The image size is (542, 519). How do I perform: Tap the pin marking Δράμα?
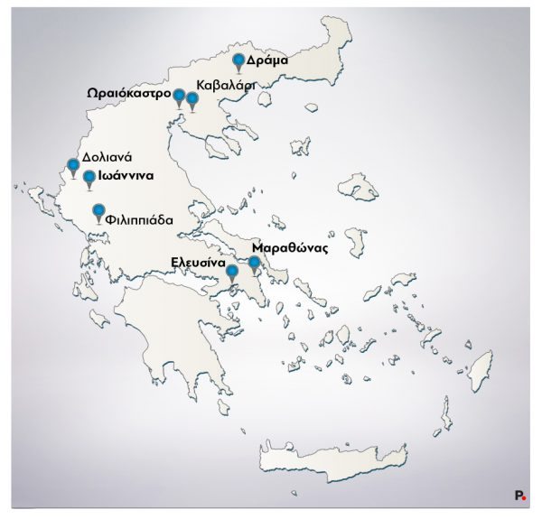click(238, 61)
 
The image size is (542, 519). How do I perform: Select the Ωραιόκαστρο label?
click(128, 94)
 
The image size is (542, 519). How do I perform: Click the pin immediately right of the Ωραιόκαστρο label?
click(179, 97)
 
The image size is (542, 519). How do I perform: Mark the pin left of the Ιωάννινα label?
click(89, 177)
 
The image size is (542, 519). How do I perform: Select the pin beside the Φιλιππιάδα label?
click(98, 213)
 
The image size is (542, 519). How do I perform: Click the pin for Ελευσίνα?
click(231, 271)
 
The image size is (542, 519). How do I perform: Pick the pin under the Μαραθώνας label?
click(255, 264)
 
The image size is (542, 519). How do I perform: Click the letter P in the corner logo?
click(519, 495)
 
